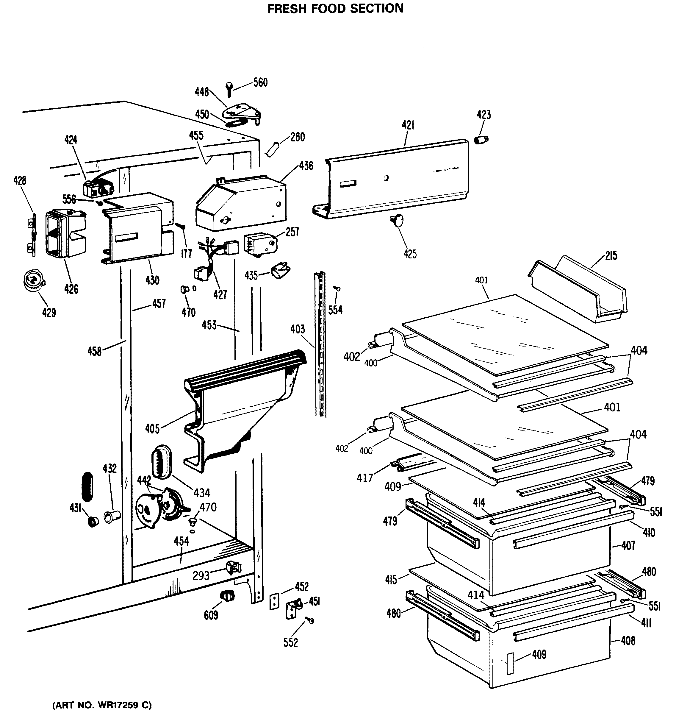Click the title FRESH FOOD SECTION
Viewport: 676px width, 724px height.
pos(335,8)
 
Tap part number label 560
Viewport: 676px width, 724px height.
pos(260,83)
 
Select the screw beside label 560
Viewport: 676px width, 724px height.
pos(229,89)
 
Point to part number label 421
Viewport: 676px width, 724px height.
pos(408,125)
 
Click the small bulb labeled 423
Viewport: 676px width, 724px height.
pos(481,140)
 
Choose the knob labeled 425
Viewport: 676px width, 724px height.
pos(398,220)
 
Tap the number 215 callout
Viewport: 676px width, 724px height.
pos(611,256)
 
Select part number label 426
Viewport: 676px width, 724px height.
pos(71,289)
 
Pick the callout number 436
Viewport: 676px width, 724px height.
pos(306,166)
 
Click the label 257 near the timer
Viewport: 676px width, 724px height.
pos(292,232)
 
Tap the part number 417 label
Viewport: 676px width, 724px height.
pos(364,478)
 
